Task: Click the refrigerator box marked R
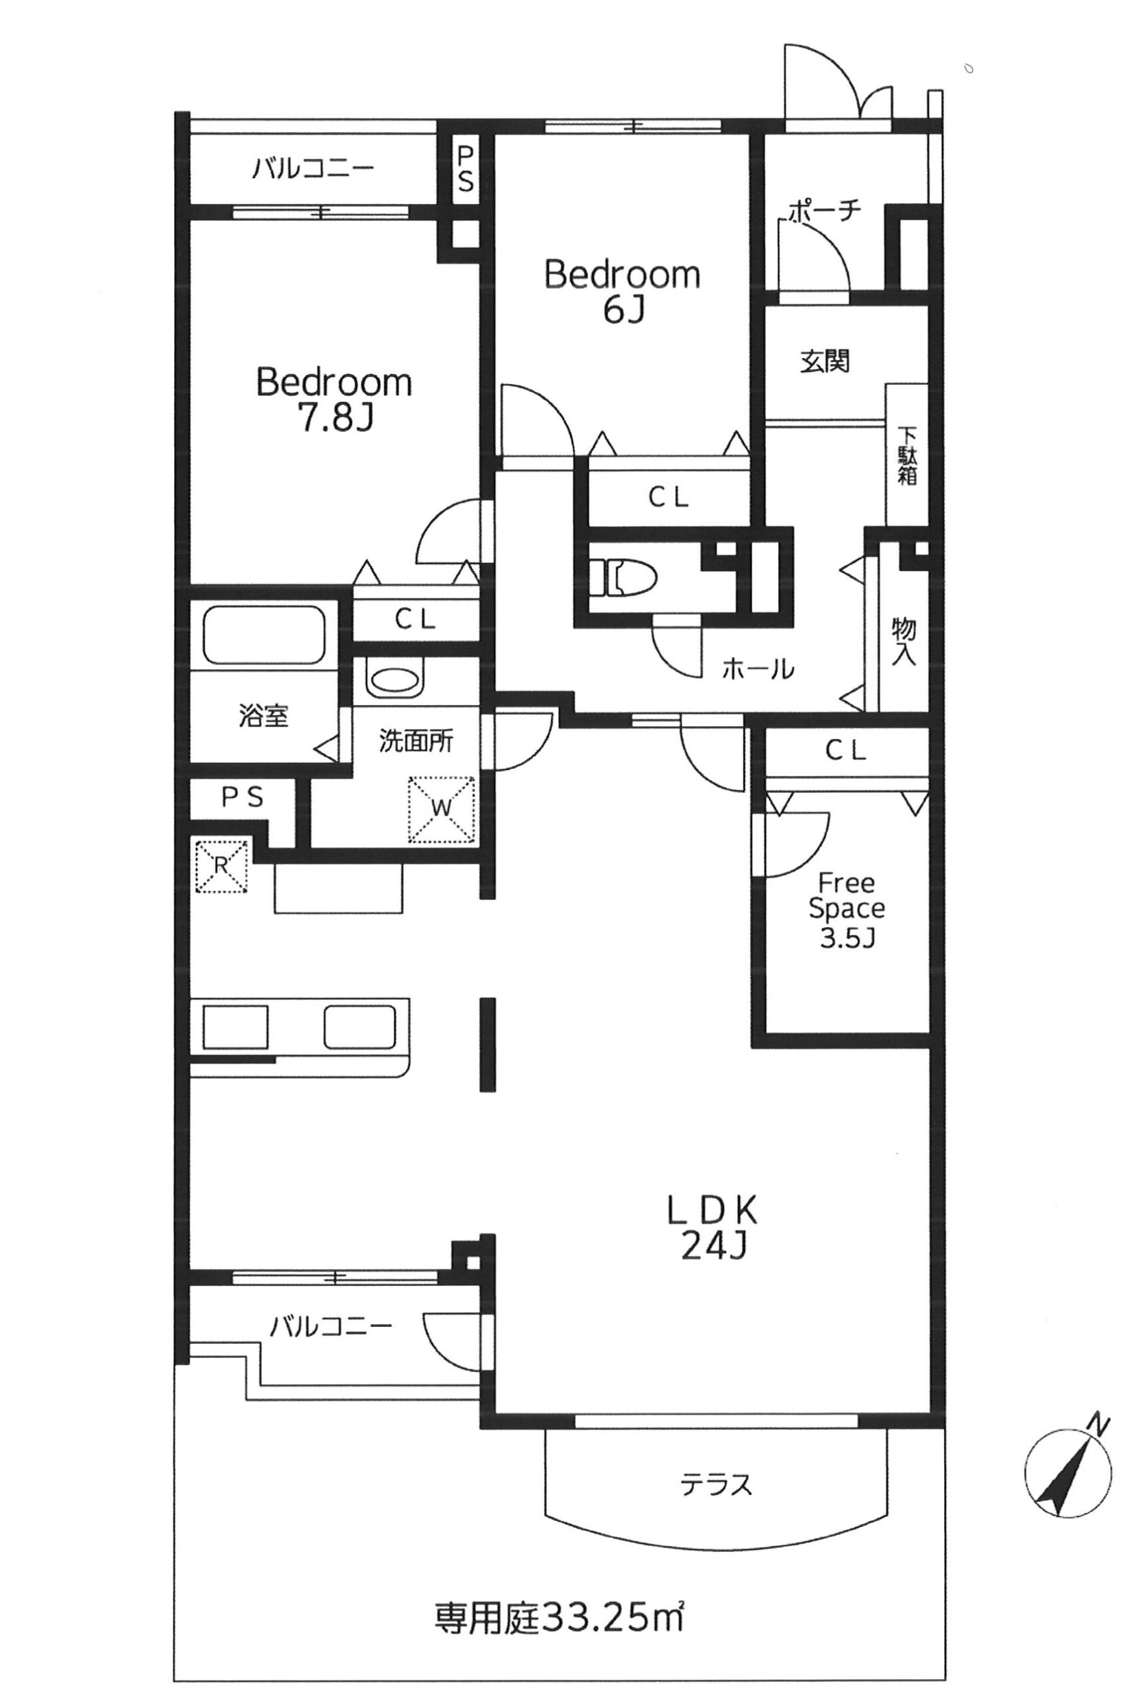(221, 866)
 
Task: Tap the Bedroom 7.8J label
(334, 400)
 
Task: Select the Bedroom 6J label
(622, 291)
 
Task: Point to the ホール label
(757, 668)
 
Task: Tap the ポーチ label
(824, 210)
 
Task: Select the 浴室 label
(263, 715)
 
